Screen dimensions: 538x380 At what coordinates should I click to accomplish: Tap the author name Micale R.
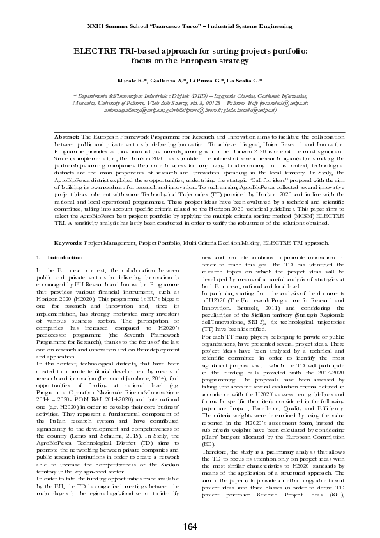pos(132,81)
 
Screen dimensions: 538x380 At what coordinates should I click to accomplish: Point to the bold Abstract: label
pos(66,137)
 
